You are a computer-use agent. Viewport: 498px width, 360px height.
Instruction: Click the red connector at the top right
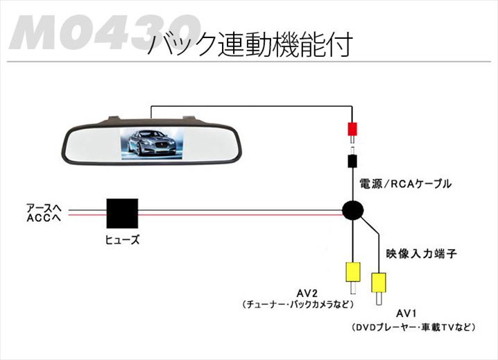pos(353,129)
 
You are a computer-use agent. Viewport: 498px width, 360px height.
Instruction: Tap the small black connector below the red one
pos(353,162)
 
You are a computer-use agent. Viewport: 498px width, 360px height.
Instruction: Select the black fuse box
pos(122,214)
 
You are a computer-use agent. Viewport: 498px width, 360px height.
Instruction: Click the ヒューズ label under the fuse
pos(122,240)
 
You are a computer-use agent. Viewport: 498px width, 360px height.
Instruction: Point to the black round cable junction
pos(353,211)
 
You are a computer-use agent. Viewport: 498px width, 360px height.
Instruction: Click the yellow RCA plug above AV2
pos(353,271)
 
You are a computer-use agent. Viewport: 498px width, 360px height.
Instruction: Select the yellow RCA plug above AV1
pos(379,282)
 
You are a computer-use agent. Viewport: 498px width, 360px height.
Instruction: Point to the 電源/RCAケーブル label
pos(405,184)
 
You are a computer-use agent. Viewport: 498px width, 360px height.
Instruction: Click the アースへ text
pos(44,207)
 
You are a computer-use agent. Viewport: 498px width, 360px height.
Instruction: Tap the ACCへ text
pos(44,218)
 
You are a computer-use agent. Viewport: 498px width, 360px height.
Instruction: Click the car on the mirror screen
pos(149,146)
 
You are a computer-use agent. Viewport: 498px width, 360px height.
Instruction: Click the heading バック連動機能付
pos(250,44)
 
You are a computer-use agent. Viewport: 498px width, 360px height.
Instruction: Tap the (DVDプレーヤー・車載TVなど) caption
pos(414,326)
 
